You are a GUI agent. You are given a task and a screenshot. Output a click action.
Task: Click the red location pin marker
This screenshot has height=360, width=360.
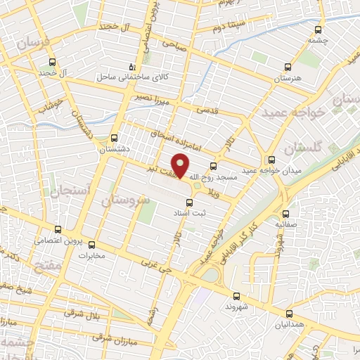pyautogui.click(x=181, y=166)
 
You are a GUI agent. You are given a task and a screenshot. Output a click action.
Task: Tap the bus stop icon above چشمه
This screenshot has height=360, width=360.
pyautogui.click(x=319, y=30)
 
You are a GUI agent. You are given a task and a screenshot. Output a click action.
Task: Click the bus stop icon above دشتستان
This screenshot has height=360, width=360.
pyautogui.click(x=115, y=138)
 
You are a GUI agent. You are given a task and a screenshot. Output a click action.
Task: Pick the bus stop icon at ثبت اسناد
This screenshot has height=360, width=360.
pyautogui.click(x=188, y=202)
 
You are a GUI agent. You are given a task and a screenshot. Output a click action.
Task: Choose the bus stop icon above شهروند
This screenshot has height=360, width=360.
pyautogui.click(x=236, y=296)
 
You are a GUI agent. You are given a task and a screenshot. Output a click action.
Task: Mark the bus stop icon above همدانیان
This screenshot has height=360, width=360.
pyautogui.click(x=289, y=314)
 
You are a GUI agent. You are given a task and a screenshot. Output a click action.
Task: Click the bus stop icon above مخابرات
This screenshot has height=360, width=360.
pyautogui.click(x=91, y=245)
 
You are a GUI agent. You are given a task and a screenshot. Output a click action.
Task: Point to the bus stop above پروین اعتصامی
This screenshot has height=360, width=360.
pyautogui.click(x=59, y=229)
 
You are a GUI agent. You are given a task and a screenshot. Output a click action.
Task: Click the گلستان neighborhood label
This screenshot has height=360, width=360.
pyautogui.click(x=304, y=148)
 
